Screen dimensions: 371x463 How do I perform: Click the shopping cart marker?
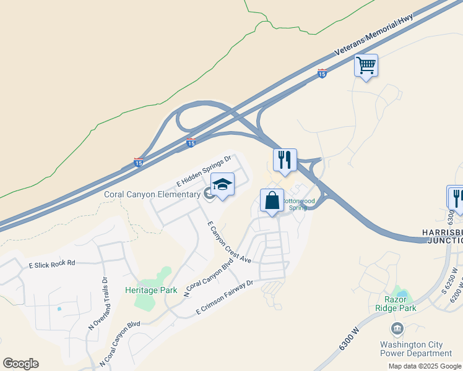[366, 65]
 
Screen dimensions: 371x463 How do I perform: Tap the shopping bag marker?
[272, 201]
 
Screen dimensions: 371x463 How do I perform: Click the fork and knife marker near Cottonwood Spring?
[285, 160]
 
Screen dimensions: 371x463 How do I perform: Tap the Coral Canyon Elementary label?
[152, 194]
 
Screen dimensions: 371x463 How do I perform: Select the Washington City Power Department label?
[416, 349]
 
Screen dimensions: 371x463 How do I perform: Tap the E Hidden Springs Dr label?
[204, 171]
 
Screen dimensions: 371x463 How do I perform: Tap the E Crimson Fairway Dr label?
[225, 297]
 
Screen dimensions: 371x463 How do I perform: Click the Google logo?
[20, 364]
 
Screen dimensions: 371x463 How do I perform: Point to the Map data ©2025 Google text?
[425, 366]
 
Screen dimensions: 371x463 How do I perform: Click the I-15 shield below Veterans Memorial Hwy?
[322, 74]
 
